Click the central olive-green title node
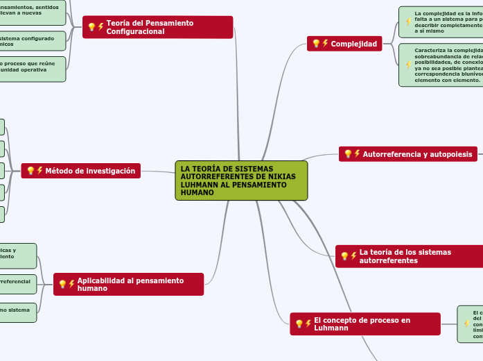tap(240, 180)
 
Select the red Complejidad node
tap(344, 44)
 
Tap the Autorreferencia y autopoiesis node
tap(407, 154)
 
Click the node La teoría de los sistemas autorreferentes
tap(409, 256)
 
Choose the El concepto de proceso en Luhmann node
tap(365, 324)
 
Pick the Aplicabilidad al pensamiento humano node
tap(128, 284)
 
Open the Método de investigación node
tap(80, 171)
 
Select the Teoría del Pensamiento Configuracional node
tap(157, 27)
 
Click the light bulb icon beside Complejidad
tap(316, 44)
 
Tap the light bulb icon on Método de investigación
tap(30, 171)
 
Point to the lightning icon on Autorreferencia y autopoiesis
tap(357, 154)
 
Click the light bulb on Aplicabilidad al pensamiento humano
tap(62, 284)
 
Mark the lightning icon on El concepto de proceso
tap(308, 324)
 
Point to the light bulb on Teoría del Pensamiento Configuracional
tap(91, 27)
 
